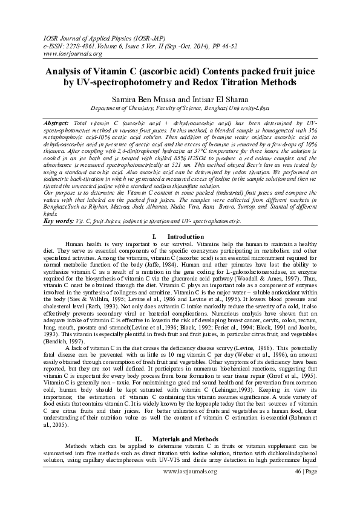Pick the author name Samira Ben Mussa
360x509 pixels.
[139, 99]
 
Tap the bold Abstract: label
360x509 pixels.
[57, 123]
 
